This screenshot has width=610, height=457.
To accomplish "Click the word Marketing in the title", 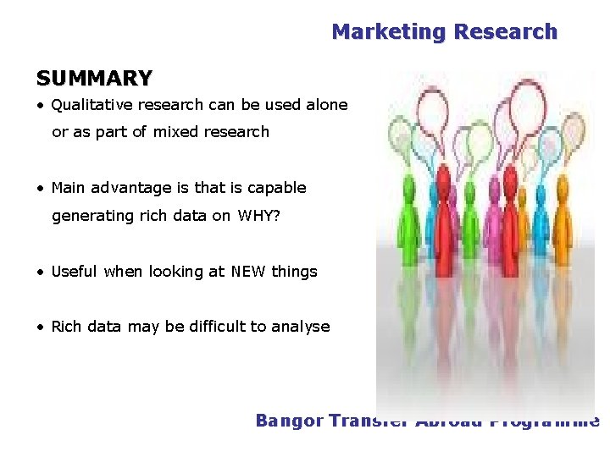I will (x=388, y=32).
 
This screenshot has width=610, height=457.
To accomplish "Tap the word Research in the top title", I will (x=505, y=32).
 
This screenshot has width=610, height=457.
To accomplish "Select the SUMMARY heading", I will (x=94, y=79).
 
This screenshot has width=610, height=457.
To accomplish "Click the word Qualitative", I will (x=91, y=105).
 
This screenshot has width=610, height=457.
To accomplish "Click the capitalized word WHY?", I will (x=258, y=216).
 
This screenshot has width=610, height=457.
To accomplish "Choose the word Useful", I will (x=75, y=272).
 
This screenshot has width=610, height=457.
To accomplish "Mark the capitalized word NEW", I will (x=249, y=272).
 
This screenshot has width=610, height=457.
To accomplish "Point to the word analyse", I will (x=301, y=327).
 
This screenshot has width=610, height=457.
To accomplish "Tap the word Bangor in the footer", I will (x=290, y=421).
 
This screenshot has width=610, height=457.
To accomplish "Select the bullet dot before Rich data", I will (x=41, y=328).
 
